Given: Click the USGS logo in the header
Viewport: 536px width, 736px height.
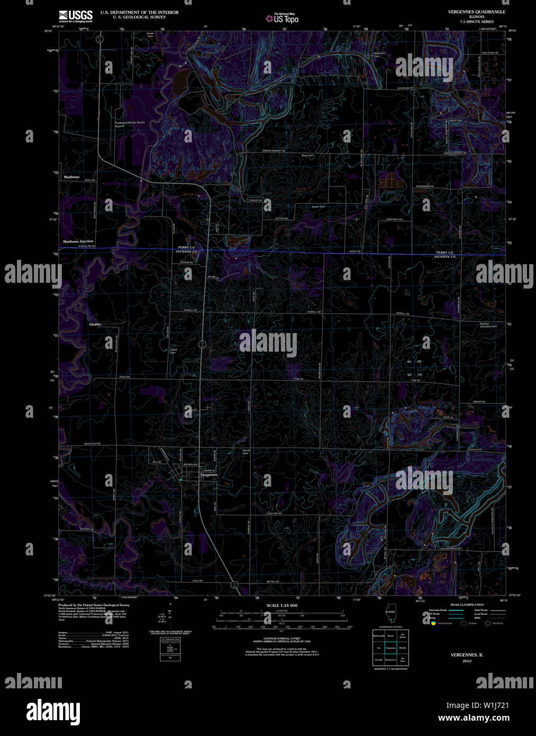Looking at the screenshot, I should [x=75, y=15].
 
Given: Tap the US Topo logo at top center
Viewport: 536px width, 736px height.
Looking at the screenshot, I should [x=283, y=19].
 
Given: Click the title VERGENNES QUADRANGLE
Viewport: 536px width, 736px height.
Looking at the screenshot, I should [x=476, y=12].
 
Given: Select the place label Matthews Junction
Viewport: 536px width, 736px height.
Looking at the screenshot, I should [x=78, y=241].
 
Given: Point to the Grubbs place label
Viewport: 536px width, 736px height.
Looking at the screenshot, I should [x=95, y=324].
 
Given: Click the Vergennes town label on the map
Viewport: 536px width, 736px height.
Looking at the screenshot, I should [x=209, y=475].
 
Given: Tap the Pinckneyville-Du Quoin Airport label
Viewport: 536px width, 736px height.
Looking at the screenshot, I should [x=130, y=124].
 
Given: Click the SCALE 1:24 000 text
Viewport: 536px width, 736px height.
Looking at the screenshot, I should [x=282, y=605].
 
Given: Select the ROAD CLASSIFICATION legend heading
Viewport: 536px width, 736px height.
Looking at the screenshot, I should [x=467, y=605].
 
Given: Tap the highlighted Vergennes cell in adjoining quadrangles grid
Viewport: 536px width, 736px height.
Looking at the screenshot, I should [x=390, y=648].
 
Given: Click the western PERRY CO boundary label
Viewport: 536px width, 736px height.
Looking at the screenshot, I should [x=186, y=247].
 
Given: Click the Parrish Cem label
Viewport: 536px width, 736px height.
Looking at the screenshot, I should [x=246, y=452].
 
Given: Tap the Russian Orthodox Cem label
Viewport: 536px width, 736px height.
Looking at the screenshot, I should [x=488, y=325].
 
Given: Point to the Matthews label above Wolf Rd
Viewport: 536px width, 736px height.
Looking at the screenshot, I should [x=71, y=177].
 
